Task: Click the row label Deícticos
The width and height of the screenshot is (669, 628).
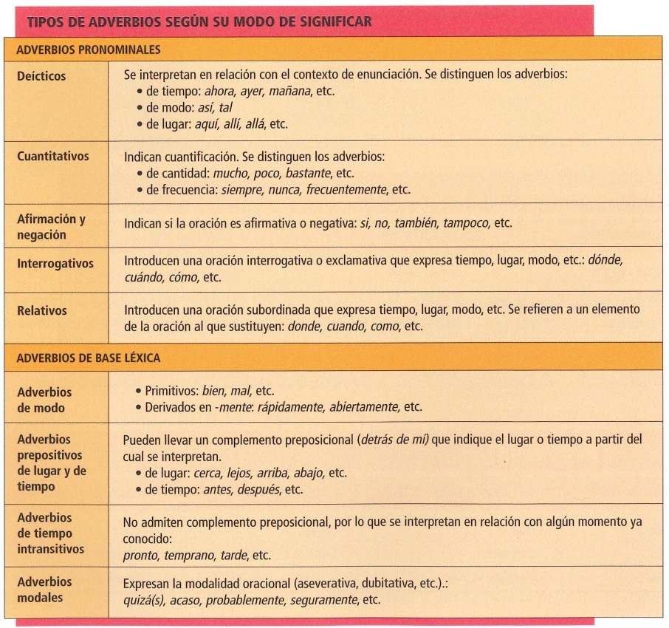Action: (x=41, y=76)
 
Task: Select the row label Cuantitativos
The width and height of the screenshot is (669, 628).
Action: (x=53, y=157)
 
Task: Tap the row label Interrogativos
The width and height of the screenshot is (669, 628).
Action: (x=56, y=262)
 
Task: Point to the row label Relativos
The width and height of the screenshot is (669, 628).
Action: (x=42, y=311)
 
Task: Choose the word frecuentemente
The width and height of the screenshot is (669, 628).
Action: (x=346, y=189)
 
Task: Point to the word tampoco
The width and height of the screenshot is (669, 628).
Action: (x=467, y=222)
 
